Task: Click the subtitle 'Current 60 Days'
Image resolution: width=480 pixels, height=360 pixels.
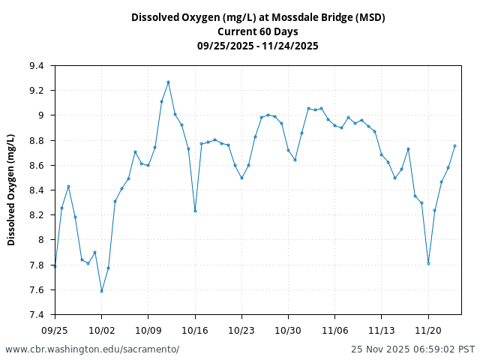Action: coord(257,31)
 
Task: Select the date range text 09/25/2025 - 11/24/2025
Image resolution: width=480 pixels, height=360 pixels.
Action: coord(257,46)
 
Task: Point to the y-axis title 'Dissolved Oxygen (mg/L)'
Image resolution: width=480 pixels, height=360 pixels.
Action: coord(11,190)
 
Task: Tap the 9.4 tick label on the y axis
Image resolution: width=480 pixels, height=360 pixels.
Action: coord(37,66)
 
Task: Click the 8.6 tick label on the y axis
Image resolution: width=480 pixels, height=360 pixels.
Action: coord(37,166)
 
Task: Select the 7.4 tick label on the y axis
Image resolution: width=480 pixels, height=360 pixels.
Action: coord(37,315)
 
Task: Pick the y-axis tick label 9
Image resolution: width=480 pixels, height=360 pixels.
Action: coord(40,115)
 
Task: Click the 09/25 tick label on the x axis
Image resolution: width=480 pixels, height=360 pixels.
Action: coord(55,330)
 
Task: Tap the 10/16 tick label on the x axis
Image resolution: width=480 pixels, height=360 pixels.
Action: coord(195,330)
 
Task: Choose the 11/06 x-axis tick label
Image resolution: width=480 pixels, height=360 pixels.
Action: coord(334,330)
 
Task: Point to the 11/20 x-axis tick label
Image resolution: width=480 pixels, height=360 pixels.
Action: coord(428,330)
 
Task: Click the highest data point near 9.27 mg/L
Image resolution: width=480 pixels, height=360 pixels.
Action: coord(168,82)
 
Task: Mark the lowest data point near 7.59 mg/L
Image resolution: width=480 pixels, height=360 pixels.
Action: coord(101,291)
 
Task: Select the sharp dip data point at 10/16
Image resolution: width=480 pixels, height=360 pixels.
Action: coord(195,211)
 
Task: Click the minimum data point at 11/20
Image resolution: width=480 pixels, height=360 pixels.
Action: coord(428,263)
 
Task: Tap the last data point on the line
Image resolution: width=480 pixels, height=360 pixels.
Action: coord(454,145)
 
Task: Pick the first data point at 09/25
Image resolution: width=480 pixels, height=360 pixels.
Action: coord(55,266)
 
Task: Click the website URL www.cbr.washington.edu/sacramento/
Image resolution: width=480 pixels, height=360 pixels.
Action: coord(92,349)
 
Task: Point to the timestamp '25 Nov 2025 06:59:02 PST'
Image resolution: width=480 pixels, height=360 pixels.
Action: coord(413,349)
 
